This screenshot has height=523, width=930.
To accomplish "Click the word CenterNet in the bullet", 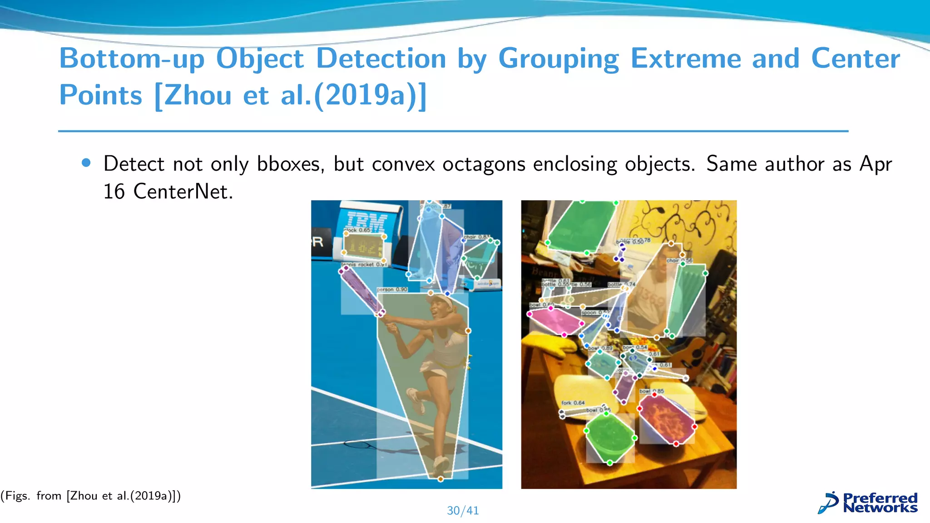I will coord(183,192).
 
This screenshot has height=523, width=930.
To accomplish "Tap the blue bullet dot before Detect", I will coord(86,163).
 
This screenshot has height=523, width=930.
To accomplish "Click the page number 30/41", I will coord(463,511).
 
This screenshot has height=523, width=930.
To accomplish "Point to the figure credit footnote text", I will coord(91,496).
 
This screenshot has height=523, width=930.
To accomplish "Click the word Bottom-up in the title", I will coord(132,59).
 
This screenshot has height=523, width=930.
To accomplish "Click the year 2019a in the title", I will coord(370,95).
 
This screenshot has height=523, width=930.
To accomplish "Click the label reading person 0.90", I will coord(392,290).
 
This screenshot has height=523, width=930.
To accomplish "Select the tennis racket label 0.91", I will coord(363,264).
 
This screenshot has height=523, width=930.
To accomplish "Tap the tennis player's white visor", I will coord(440,300).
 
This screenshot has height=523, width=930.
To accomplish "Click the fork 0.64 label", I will coord(573,403).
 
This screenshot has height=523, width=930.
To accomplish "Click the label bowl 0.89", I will coord(600,348).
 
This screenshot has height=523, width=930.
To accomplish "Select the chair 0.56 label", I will coord(679,261).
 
